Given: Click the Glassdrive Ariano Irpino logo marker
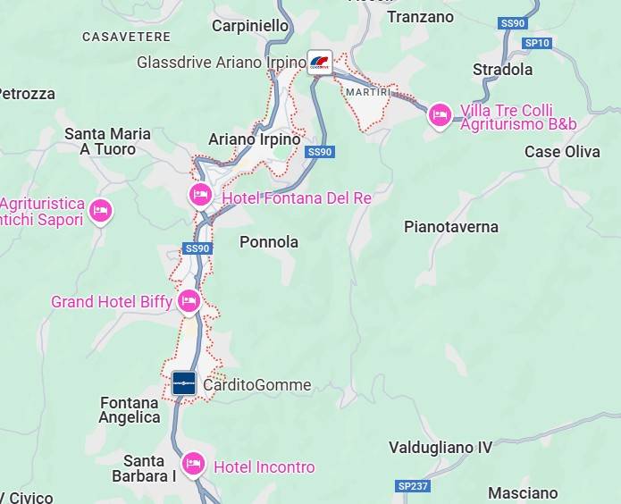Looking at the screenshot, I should (x=319, y=63).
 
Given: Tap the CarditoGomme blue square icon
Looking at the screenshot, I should (x=184, y=384).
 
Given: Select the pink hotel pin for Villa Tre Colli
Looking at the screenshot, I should (x=439, y=115).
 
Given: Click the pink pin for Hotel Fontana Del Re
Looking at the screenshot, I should (x=200, y=195).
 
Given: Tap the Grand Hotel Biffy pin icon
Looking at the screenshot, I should (x=189, y=300).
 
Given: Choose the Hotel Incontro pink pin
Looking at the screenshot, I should (x=192, y=464).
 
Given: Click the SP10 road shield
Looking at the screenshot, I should (x=537, y=42).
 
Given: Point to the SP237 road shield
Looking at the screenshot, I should (x=413, y=485).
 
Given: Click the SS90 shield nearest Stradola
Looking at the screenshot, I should (x=513, y=23).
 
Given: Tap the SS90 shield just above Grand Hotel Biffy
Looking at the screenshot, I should (x=197, y=248).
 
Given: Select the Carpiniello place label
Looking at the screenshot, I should (x=250, y=26).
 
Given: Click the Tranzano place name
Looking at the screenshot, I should (x=420, y=17).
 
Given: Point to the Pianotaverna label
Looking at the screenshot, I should (x=451, y=226).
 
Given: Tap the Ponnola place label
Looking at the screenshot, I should (x=269, y=241).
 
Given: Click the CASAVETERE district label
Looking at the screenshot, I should (x=126, y=37).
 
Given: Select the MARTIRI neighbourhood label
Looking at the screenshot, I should (x=368, y=92).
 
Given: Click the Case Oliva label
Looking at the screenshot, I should (x=562, y=151).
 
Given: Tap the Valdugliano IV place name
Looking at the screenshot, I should (x=441, y=447).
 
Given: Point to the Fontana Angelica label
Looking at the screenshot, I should (x=130, y=410).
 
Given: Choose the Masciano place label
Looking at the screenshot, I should (x=523, y=492).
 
